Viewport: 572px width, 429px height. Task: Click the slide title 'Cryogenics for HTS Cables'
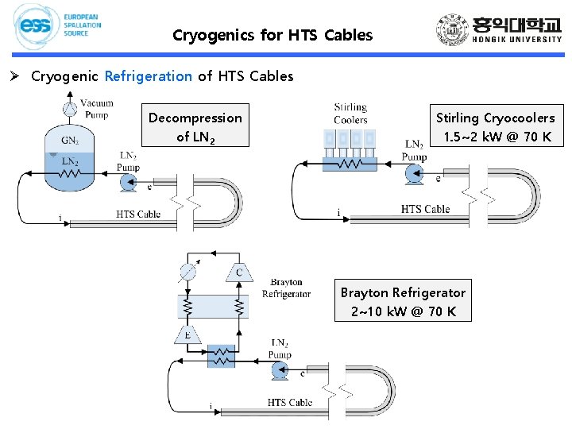[272, 35]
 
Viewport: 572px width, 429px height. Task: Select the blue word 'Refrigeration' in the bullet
[148, 76]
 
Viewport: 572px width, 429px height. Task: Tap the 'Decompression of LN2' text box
[195, 126]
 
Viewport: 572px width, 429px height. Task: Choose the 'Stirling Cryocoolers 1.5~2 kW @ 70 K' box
[495, 126]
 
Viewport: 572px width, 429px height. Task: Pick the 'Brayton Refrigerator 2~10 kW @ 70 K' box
[403, 300]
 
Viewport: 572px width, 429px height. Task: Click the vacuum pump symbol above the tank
[70, 109]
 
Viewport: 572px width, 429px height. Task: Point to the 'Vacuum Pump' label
[97, 109]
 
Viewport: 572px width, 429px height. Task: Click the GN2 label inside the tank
[70, 141]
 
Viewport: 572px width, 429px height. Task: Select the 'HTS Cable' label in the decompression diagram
[139, 214]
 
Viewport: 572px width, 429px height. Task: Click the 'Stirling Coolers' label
[350, 114]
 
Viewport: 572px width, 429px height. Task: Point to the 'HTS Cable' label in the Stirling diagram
[425, 209]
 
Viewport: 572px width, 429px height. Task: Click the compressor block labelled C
[239, 272]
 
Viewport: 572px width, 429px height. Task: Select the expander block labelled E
[187, 335]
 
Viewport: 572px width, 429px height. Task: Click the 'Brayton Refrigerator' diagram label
[286, 288]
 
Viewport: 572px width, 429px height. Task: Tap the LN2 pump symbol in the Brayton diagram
[279, 370]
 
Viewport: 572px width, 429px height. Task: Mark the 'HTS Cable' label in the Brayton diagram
[290, 403]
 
